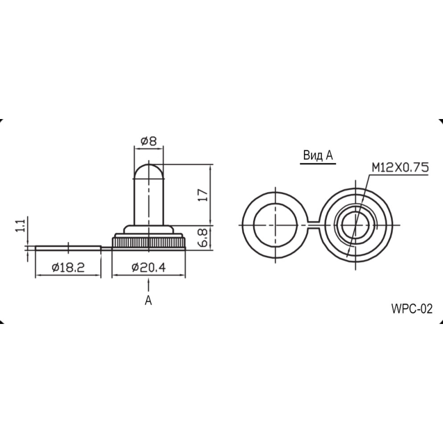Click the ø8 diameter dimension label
point(148,141)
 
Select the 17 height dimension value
point(203,195)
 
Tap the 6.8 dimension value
point(204,238)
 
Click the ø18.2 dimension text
point(68,267)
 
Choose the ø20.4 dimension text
point(148,267)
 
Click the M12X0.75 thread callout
point(400,168)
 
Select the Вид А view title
point(318,155)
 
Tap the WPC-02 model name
point(412,309)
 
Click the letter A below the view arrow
point(148,300)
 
